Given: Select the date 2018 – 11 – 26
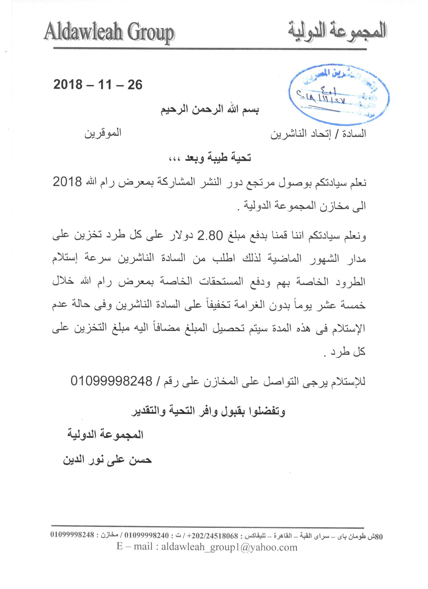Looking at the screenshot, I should coord(98,85).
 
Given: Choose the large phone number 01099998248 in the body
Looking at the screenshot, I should coord(111,381).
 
